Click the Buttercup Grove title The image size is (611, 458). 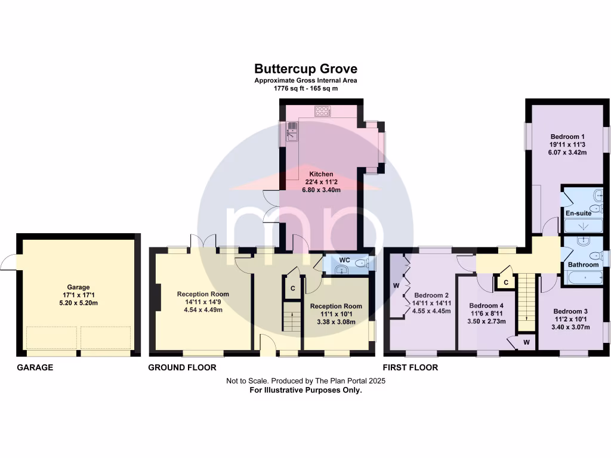[305, 69]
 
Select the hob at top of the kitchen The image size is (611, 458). [323, 110]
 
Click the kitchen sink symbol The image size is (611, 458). [292, 129]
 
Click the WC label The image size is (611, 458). [344, 261]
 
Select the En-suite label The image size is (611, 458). [577, 213]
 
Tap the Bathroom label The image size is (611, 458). [582, 265]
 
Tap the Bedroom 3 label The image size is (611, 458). [570, 311]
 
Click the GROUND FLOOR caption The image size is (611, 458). [182, 367]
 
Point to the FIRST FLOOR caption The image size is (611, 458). [411, 367]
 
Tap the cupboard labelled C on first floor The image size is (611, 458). [505, 282]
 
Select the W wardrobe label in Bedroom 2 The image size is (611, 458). [396, 286]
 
